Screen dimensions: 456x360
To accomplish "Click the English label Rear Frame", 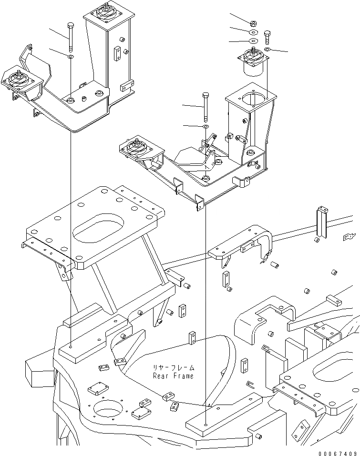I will pos(173,376).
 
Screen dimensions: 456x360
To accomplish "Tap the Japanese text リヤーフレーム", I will pos(174,368).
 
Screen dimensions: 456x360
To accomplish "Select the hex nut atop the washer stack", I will pos(253,23).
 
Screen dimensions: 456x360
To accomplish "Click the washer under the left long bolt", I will pos(71,57).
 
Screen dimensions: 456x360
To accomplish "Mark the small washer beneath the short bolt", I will pos(267,49).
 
